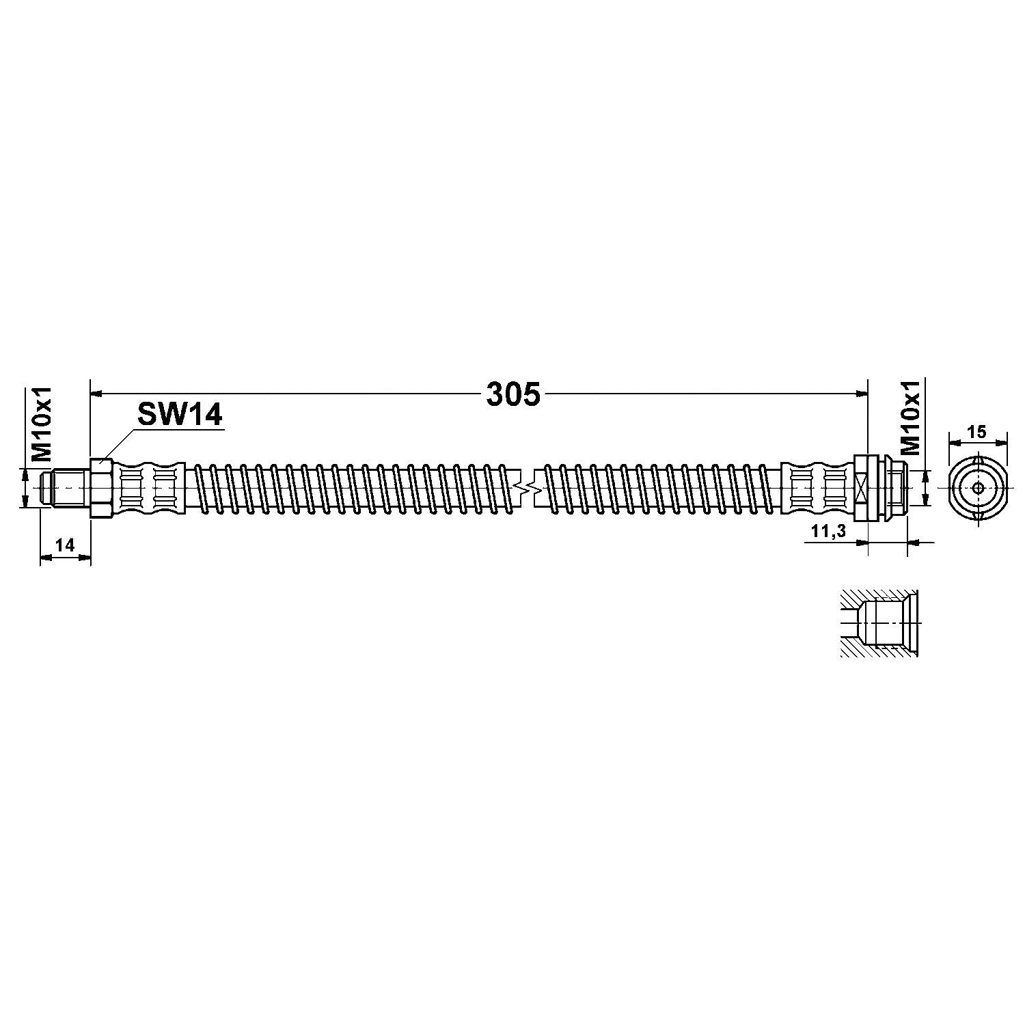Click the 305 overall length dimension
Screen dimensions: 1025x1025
[x=513, y=394]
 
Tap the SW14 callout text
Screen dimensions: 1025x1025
[x=180, y=413]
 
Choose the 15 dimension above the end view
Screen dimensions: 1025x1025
[x=977, y=431]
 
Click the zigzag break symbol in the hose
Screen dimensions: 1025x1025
[x=525, y=487]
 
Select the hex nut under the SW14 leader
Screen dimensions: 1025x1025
[x=100, y=487]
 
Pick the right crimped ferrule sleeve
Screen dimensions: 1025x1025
[x=817, y=487]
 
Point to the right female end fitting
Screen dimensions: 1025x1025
[x=881, y=487]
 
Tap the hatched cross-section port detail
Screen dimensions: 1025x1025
[x=879, y=624]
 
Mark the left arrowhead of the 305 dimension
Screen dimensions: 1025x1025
[x=96, y=394]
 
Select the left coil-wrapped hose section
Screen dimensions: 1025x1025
[x=352, y=487]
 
